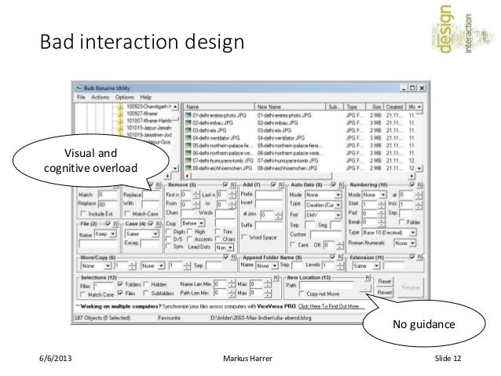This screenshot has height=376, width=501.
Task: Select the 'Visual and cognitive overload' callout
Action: pos(91,162)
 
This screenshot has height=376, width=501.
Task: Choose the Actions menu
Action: pos(99,97)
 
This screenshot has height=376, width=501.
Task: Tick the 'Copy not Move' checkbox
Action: pos(302,293)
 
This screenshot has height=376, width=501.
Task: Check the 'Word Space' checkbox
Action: pos(244,237)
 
